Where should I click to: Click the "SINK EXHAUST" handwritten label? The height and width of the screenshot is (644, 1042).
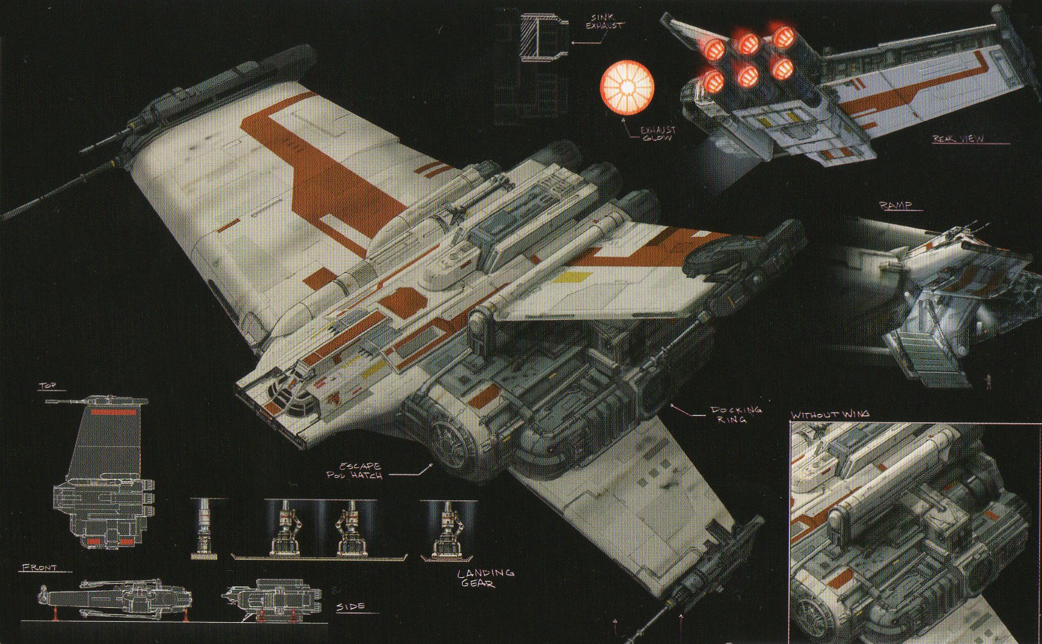[604, 22]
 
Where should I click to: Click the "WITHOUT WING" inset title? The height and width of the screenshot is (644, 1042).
[830, 414]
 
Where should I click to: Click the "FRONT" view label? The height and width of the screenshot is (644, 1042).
[39, 568]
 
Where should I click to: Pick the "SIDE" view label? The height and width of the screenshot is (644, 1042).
[350, 606]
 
